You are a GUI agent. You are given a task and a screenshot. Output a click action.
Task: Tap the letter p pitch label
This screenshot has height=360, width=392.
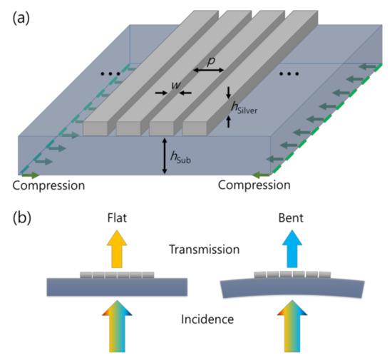pyautogui.click(x=210, y=61)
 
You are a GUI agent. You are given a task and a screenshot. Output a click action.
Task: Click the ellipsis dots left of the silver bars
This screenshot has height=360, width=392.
pyautogui.click(x=110, y=74)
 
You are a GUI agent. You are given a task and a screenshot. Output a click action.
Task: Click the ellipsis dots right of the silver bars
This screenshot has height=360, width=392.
pyautogui.click(x=290, y=74)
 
